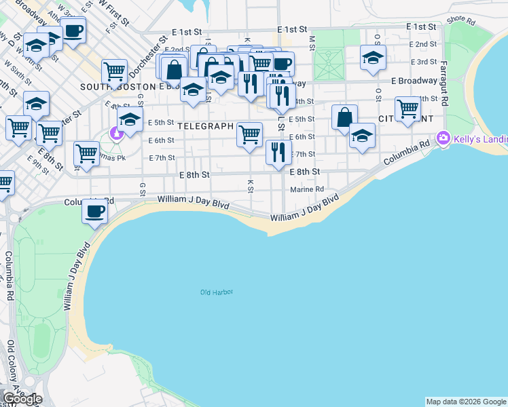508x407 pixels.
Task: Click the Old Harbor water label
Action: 217,292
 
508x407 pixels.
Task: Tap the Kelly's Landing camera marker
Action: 443,138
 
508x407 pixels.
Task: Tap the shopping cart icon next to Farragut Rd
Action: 407,109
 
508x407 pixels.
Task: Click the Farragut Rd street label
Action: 443,83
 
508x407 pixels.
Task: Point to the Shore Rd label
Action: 460,20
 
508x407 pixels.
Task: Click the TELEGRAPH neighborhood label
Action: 206,126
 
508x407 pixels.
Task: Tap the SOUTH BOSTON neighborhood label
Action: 118,87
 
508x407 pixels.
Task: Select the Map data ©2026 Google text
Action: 466,402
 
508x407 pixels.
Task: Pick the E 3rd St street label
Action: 426,62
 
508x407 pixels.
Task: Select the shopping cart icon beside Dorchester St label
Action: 115,70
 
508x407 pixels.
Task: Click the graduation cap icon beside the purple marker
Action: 130,121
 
